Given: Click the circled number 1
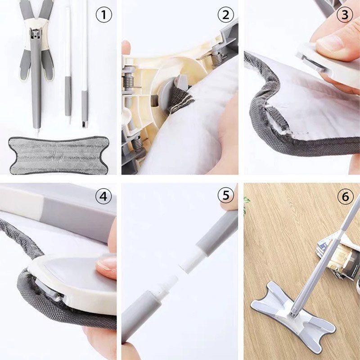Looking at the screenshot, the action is point(104,15).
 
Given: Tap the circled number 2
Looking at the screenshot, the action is point(226,15).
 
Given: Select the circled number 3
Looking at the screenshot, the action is point(345,15).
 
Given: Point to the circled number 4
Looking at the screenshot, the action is point(104,196).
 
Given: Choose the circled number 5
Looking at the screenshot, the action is point(226,195).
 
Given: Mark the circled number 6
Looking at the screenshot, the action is point(345,197).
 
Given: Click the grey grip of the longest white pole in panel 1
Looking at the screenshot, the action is point(85,108).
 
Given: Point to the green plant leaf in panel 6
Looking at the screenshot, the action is point(246,201).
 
